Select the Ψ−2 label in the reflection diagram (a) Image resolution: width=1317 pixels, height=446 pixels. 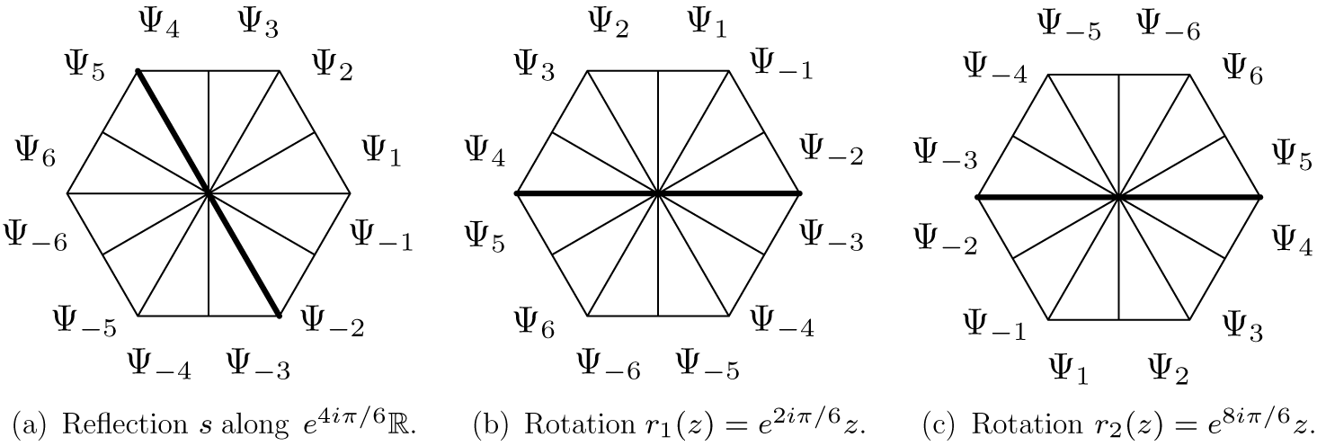pyautogui.click(x=332, y=321)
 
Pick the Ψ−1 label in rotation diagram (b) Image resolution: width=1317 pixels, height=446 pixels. pyautogui.click(x=781, y=67)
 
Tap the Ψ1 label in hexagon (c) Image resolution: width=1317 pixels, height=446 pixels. pyautogui.click(x=1070, y=368)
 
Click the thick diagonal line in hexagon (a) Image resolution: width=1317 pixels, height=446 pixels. pyautogui.click(x=243, y=254)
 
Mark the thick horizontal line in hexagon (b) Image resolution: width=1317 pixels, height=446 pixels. pyautogui.click(x=728, y=193)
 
